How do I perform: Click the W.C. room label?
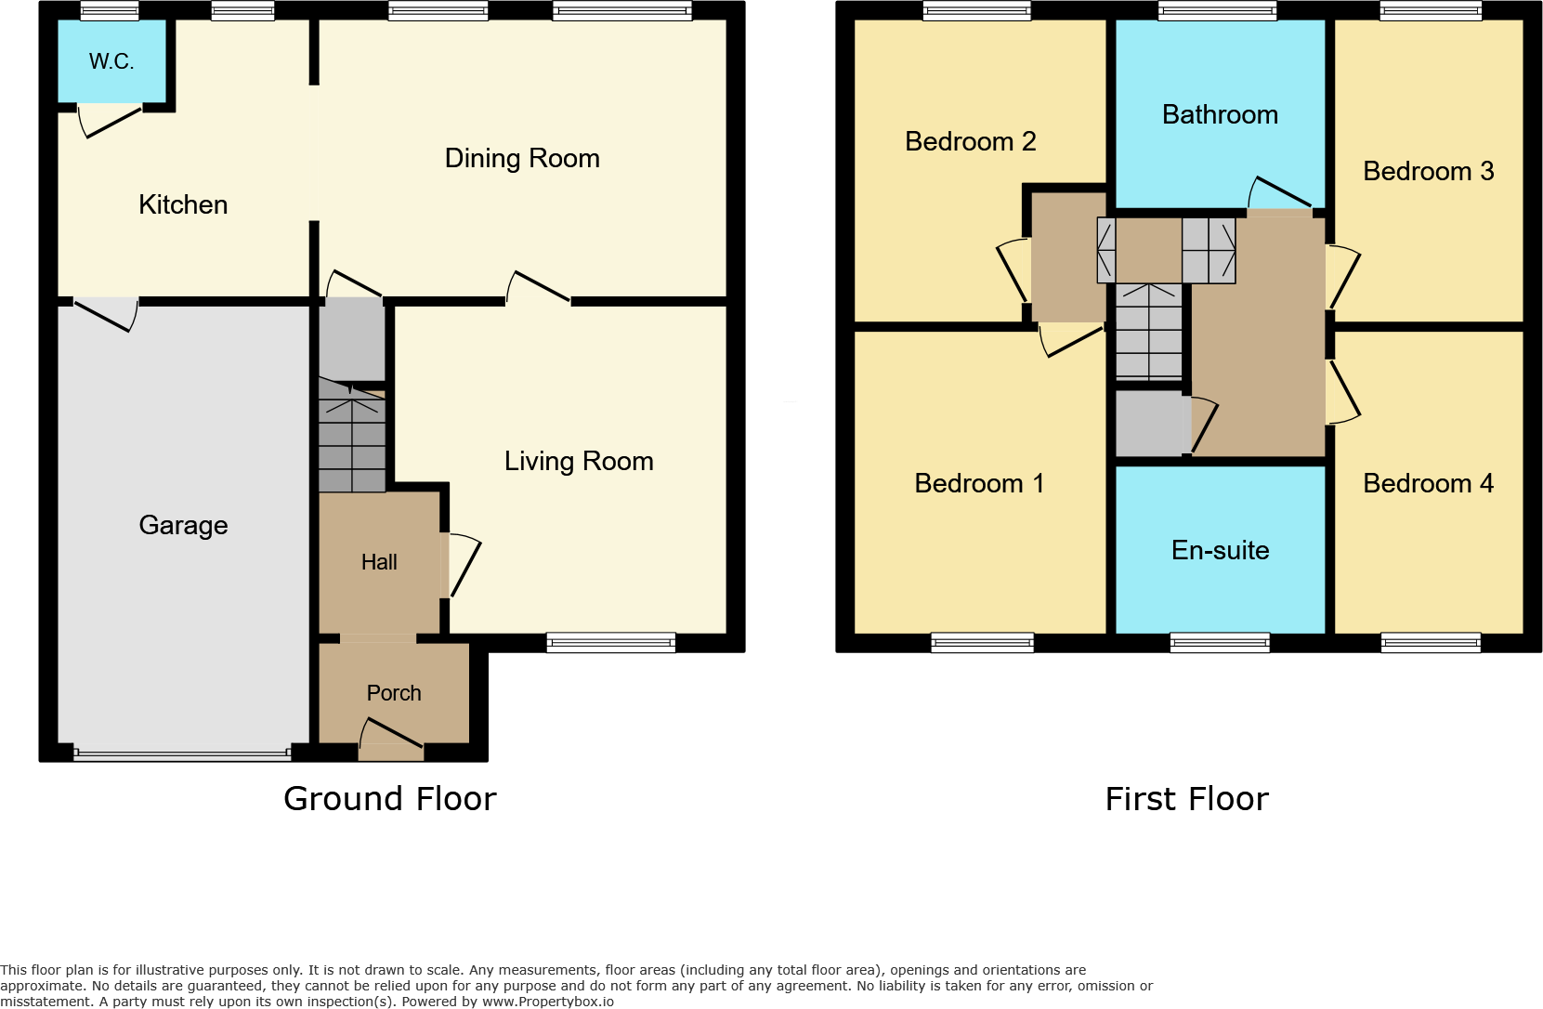[x=111, y=62]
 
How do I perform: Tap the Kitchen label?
[x=183, y=204]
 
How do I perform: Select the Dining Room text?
[x=522, y=158]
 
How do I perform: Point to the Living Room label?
[x=579, y=461]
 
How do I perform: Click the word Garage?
[x=183, y=525]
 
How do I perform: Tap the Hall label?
[x=379, y=562]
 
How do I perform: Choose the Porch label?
[x=394, y=693]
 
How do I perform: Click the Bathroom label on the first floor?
[x=1220, y=114]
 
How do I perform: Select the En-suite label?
[x=1220, y=550]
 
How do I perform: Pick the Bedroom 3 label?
[x=1428, y=171]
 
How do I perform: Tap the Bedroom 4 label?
[x=1428, y=483]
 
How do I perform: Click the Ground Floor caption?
[x=390, y=799]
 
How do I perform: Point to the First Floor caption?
[x=1186, y=799]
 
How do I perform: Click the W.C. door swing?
[x=110, y=122]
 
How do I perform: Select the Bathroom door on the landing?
[x=1280, y=193]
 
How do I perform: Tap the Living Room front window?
[x=610, y=642]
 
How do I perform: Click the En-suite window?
[x=1220, y=642]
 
